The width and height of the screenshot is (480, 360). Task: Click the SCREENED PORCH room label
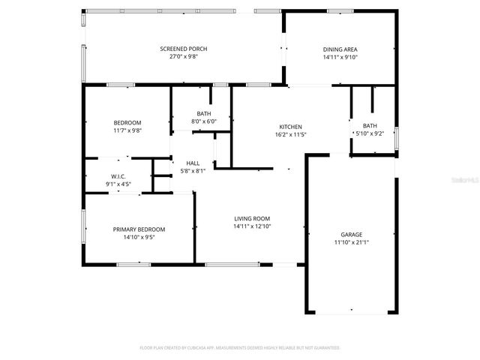click(183, 49)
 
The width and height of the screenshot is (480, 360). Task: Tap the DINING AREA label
click(340, 49)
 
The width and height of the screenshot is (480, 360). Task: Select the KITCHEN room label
click(290, 126)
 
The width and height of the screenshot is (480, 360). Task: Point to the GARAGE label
click(351, 234)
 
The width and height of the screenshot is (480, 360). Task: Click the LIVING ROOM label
click(251, 218)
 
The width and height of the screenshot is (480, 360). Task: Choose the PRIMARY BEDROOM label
click(139, 229)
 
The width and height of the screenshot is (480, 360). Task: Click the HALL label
click(193, 163)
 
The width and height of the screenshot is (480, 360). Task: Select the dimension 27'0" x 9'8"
click(183, 57)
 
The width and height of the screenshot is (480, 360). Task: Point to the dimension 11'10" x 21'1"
click(351, 242)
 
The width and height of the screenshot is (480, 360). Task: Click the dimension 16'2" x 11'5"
click(290, 134)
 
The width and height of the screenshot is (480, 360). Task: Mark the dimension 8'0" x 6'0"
click(204, 121)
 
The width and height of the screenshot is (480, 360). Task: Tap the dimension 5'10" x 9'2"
click(370, 133)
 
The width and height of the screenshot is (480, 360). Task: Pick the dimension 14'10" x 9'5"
click(139, 237)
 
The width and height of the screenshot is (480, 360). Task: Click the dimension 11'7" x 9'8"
click(127, 130)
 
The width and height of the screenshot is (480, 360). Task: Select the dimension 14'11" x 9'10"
click(340, 57)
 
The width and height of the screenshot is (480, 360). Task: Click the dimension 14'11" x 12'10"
click(251, 226)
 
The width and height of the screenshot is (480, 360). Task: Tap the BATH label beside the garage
click(370, 125)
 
